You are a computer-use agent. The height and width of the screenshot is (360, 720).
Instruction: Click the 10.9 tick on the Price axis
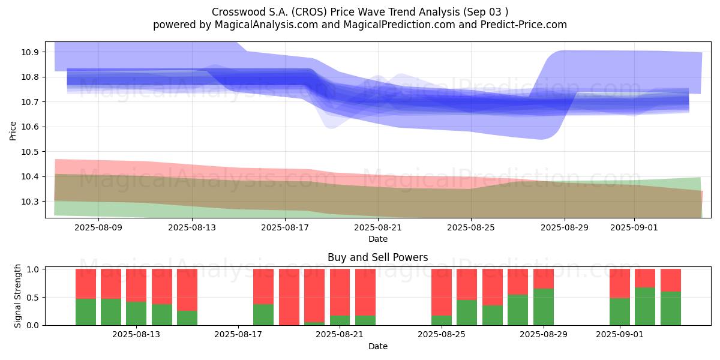point(29,52)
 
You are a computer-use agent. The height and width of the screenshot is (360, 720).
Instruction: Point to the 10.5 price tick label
point(29,152)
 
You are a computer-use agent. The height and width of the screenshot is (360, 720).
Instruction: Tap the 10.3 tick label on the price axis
point(29,202)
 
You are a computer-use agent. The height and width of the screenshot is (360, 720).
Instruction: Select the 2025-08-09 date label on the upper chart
point(98,227)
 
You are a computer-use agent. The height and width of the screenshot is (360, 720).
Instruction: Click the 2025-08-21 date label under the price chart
point(378,227)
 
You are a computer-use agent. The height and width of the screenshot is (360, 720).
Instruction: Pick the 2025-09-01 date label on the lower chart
point(620,334)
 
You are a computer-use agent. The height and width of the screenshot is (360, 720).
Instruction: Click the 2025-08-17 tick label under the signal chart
point(238,334)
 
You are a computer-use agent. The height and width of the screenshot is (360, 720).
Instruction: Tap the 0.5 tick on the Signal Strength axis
point(32,298)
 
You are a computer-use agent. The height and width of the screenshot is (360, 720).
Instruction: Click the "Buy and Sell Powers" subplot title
point(377,257)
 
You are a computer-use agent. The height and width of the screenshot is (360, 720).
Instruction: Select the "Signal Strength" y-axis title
point(17,296)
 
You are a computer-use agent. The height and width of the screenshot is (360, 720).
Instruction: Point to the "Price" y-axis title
point(13,131)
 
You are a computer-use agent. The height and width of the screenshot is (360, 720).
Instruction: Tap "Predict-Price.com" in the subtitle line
point(524,25)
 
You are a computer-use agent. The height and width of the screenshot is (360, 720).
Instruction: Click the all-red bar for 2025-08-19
point(289,297)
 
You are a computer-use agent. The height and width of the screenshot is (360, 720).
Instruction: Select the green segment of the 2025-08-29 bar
point(544,307)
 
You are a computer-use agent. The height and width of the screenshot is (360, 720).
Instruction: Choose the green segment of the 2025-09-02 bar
point(645,307)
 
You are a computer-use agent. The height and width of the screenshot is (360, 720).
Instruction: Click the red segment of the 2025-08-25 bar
point(442,292)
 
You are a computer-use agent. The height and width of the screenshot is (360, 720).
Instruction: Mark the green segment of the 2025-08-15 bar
point(187,318)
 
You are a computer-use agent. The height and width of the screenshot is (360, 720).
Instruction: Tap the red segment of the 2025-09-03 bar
point(671,280)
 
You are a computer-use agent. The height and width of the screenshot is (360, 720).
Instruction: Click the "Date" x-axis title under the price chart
point(378,239)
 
